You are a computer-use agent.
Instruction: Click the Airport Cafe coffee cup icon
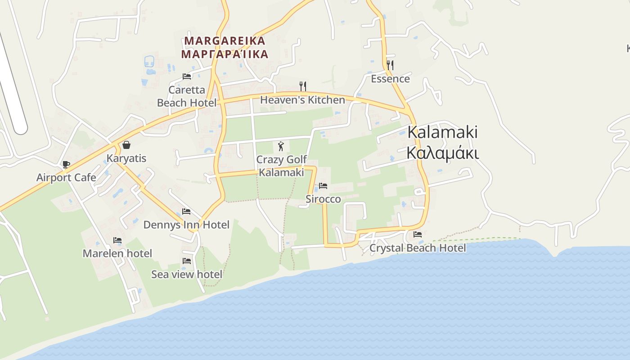point(66,165)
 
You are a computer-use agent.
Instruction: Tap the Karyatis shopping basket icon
point(126,145)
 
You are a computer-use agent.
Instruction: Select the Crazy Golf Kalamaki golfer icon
point(281,146)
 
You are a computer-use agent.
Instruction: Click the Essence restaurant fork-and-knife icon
point(390,65)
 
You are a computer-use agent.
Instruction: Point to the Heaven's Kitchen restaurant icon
point(303,86)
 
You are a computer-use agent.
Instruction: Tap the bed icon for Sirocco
point(323,186)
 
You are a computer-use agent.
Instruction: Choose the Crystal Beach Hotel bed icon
point(418,234)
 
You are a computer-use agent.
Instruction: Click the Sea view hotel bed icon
point(187,261)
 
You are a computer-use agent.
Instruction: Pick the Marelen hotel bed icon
point(117,240)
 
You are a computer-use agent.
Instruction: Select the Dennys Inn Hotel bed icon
point(186,211)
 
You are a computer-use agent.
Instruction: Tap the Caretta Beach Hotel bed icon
point(187,76)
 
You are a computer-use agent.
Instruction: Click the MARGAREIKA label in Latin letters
point(225,41)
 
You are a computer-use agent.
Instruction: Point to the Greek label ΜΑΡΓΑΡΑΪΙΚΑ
point(225,54)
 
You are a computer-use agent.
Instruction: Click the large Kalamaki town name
point(442,132)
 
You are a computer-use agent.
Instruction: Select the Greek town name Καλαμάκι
point(442,153)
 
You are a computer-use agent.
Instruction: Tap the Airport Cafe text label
point(66,177)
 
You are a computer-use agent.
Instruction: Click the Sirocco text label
point(323,199)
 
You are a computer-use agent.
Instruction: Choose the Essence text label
point(390,79)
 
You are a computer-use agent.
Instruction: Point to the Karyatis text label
point(126,158)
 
